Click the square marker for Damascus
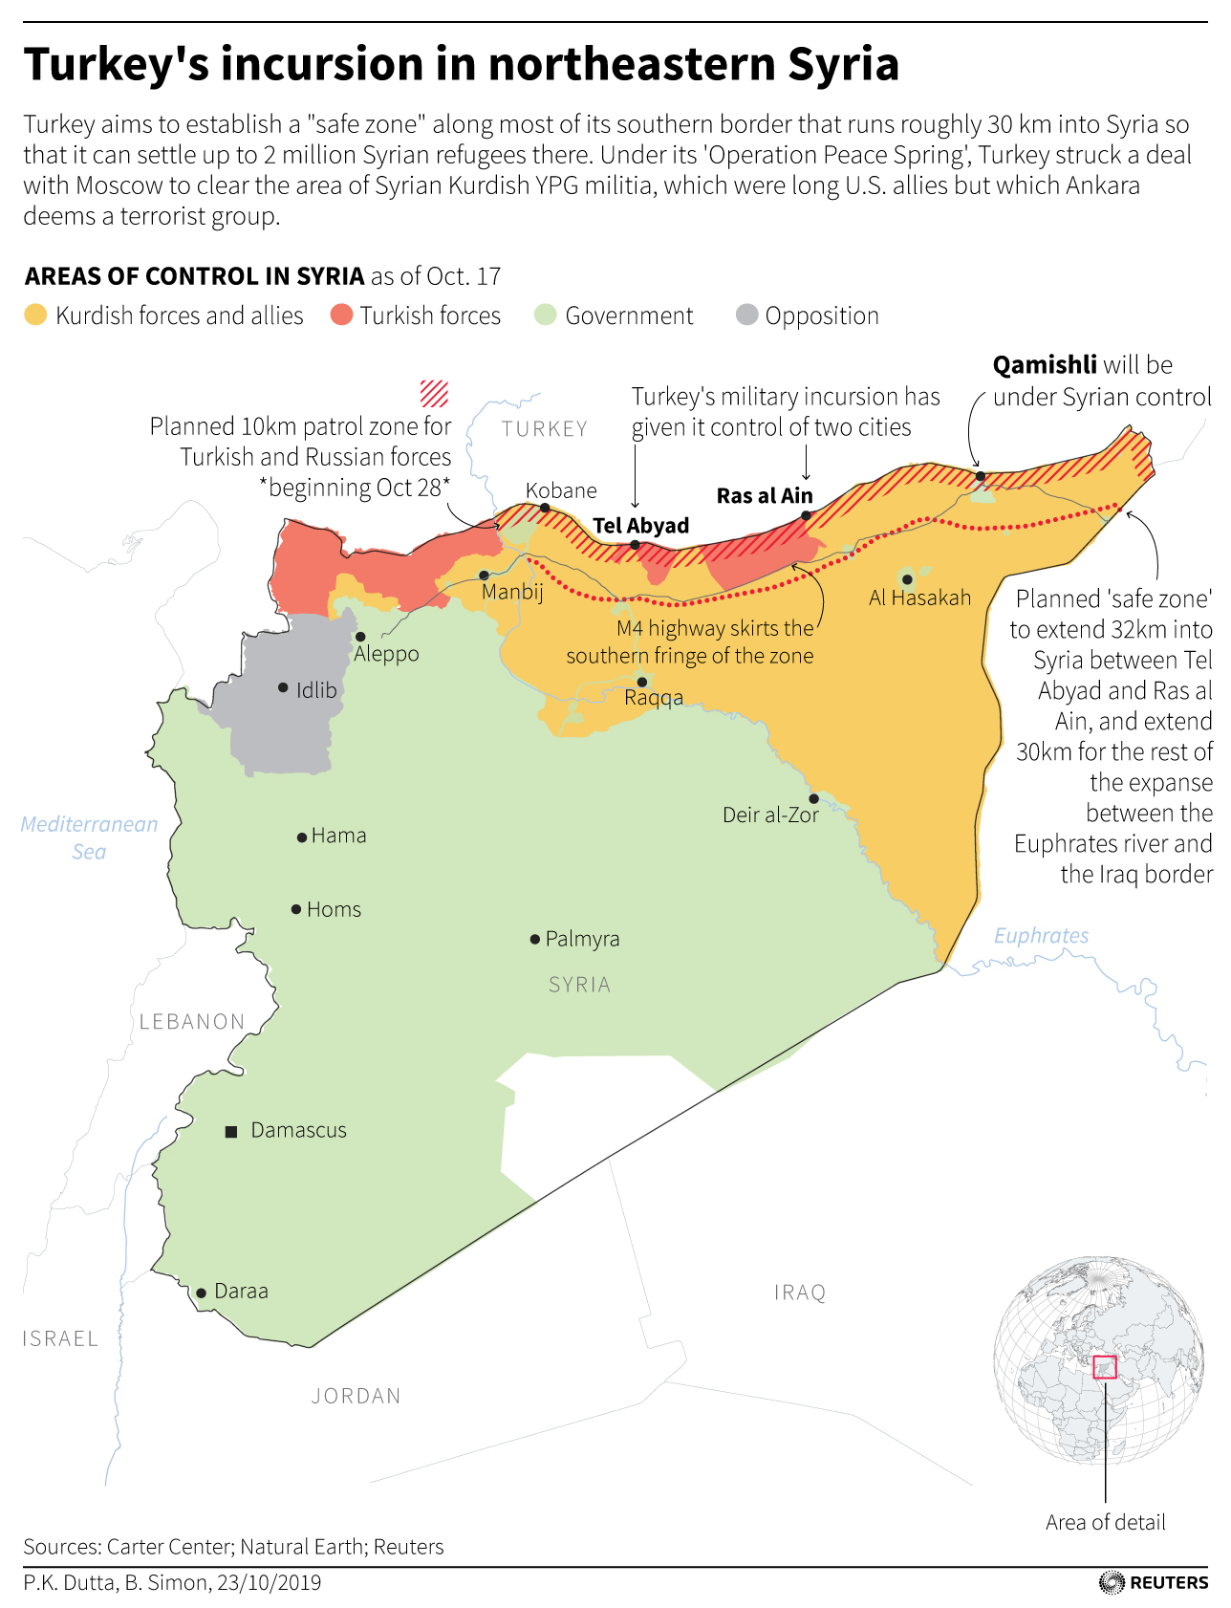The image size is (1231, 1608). click(230, 1132)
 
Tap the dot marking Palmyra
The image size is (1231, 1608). click(535, 940)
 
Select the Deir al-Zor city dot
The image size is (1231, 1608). click(813, 798)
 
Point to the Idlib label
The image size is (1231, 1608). click(316, 690)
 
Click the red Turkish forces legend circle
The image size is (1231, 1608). click(341, 315)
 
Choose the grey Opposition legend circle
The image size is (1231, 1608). click(747, 315)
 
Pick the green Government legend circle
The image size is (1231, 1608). click(545, 315)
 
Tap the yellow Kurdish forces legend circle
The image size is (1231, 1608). click(35, 315)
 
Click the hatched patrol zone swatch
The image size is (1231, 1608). click(434, 393)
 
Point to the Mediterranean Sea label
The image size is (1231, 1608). click(89, 837)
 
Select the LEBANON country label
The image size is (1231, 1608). click(192, 1022)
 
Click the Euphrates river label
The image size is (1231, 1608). click(1041, 936)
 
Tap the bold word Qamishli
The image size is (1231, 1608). click(1045, 365)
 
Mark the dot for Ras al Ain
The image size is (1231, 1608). click(806, 515)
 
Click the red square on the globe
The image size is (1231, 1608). click(1105, 1367)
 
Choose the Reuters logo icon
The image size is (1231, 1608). click(1112, 1583)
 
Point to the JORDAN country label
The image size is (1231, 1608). click(356, 1396)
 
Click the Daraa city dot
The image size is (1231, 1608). click(201, 1293)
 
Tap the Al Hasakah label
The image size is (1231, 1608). click(919, 598)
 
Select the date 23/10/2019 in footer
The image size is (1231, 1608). click(269, 1583)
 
